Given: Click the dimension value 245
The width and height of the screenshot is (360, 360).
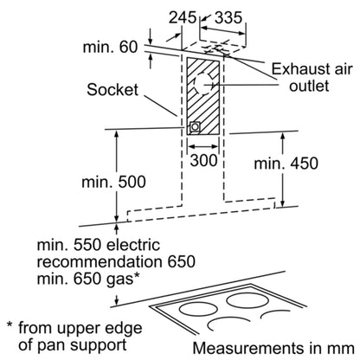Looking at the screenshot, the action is pos(183,17).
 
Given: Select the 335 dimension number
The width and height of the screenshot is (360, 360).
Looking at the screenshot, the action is pos(228,17).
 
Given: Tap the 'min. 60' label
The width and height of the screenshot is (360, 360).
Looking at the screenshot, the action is pos(111,47).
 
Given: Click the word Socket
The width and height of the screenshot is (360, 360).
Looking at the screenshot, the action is pos(112,89).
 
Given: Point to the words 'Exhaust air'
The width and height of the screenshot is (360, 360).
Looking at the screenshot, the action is pos(312,69).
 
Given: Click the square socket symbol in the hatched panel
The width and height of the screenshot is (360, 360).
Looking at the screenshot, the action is pos(195,127).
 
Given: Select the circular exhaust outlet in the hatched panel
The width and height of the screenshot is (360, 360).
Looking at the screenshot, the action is pos(203,84).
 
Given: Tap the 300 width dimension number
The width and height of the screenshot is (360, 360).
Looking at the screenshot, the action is pos(203,160).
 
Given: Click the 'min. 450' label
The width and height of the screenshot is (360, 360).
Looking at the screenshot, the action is pos(286,164).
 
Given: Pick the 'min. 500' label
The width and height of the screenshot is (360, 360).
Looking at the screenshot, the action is pos(113,182).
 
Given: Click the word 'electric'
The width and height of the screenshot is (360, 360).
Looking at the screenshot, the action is pos(133,245).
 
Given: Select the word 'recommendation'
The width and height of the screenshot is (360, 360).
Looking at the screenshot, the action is pos(100,261).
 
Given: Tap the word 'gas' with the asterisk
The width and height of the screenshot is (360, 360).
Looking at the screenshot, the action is pos(122,279).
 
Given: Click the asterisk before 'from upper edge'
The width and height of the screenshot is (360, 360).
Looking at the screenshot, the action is pos(10,325).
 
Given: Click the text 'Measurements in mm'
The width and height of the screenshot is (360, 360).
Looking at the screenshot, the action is pos(273,348).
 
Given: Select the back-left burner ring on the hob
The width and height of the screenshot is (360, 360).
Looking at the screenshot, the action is pos(198,309).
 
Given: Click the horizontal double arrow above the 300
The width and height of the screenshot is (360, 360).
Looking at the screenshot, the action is pos(203,146).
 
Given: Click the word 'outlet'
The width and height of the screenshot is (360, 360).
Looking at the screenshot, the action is pos(309,86).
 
